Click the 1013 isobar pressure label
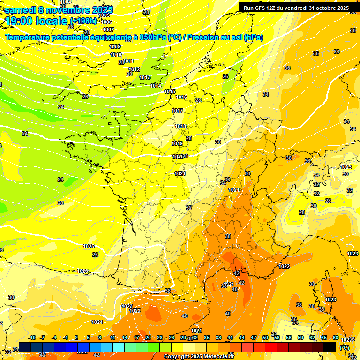145,77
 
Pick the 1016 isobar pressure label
181,97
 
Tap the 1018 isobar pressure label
180,126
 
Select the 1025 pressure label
89,246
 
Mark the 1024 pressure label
97,322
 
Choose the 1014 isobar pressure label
156,86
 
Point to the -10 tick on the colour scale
32,337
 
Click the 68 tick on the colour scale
336,337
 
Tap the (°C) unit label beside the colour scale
345,347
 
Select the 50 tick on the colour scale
265,337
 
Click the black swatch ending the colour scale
330,347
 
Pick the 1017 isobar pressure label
177,111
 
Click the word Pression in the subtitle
203,37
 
